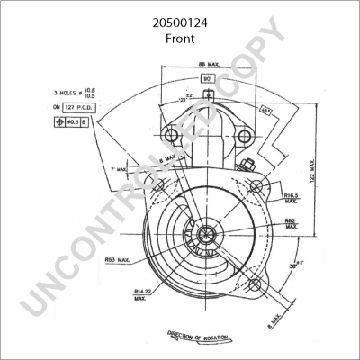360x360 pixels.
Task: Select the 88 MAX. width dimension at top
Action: [x=208, y=63]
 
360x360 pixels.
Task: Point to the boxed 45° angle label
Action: [x=265, y=112]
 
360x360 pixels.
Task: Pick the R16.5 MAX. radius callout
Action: [x=291, y=198]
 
